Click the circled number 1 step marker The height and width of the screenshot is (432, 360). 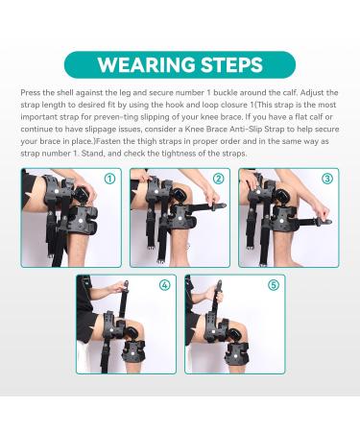110,180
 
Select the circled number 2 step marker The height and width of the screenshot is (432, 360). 218,180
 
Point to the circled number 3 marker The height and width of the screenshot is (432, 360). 327,180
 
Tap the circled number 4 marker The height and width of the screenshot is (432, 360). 164,285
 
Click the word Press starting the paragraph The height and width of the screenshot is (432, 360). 31,92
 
